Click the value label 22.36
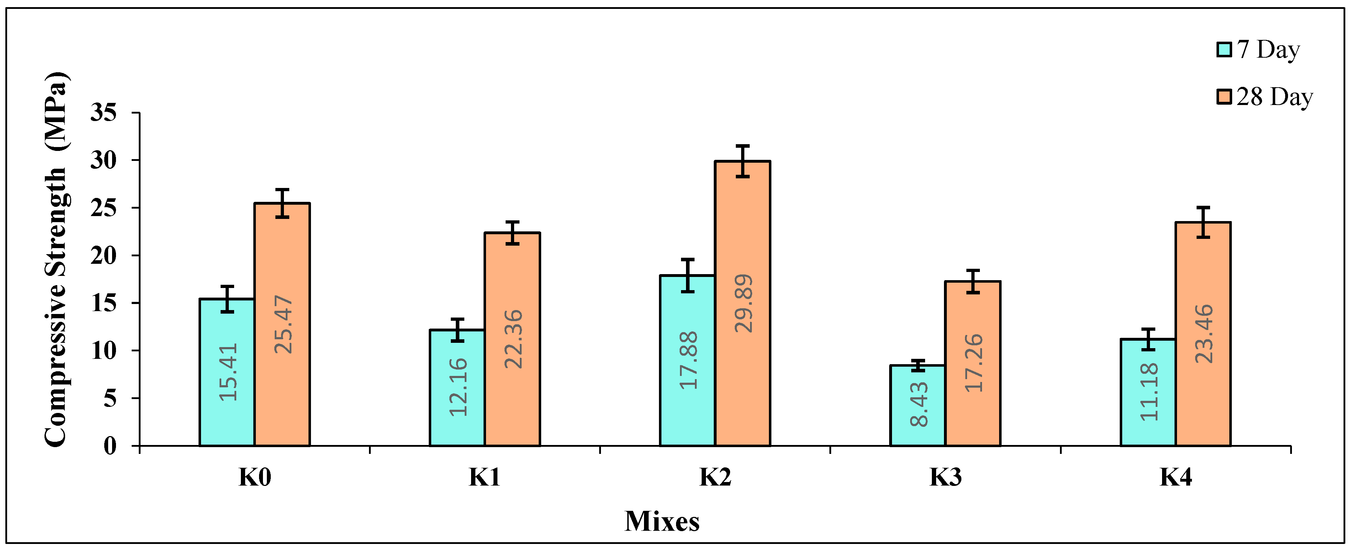(513, 339)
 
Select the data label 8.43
(919, 404)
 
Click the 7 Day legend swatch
(1224, 49)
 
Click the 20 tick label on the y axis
(103, 256)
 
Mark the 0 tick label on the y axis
(110, 446)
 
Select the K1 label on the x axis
(484, 477)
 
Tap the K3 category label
(945, 477)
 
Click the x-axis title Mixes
(662, 521)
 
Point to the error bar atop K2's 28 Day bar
(742, 161)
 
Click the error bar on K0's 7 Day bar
(227, 299)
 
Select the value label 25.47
(283, 324)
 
